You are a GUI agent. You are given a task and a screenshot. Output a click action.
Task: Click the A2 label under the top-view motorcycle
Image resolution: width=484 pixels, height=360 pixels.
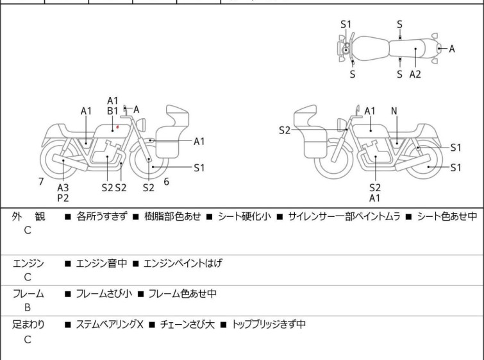pyautogui.click(x=415, y=74)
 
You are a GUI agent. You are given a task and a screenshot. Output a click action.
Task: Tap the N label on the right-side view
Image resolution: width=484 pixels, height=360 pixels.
pyautogui.click(x=394, y=111)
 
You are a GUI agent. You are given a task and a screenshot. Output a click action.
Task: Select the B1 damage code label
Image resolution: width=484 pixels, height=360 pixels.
pyautogui.click(x=112, y=111)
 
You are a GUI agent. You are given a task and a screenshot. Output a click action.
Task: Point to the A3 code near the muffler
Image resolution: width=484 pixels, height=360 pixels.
pyautogui.click(x=63, y=187)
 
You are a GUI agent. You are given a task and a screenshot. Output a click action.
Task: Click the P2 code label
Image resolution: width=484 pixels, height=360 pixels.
pyautogui.click(x=63, y=198)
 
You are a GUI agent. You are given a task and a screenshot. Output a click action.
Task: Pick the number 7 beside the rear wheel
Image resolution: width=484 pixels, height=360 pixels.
pyautogui.click(x=41, y=182)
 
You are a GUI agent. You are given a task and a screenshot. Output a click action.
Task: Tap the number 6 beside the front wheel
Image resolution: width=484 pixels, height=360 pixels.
pyautogui.click(x=166, y=182)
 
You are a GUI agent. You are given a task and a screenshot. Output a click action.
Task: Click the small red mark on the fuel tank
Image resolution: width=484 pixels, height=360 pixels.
pyautogui.click(x=118, y=128)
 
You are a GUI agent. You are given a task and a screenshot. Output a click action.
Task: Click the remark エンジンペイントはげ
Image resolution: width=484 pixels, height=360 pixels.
pyautogui.click(x=183, y=263)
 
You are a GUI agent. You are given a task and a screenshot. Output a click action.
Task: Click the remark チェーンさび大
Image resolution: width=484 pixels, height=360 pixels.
pyautogui.click(x=187, y=325)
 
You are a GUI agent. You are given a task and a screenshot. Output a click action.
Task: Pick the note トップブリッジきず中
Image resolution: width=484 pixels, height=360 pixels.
pyautogui.click(x=268, y=325)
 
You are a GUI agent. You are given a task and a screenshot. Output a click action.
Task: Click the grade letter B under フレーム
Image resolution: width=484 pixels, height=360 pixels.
pyautogui.click(x=28, y=307)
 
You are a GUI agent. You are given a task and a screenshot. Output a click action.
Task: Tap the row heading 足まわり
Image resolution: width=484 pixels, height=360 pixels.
pyautogui.click(x=28, y=325)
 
